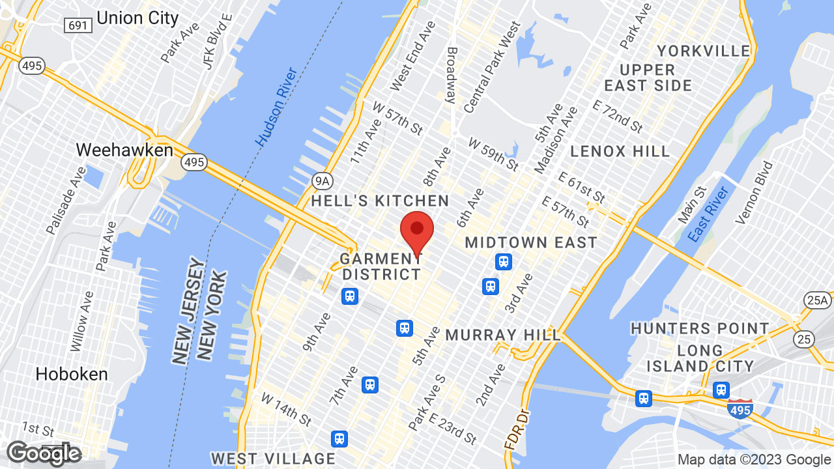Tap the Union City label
137,18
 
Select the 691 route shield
78,25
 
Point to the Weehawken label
124,150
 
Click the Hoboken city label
72,374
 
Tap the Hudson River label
276,106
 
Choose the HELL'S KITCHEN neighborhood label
380,201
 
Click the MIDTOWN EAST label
531,242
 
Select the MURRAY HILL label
503,335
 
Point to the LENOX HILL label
620,152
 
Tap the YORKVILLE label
703,51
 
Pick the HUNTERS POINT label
700,328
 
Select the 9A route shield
322,179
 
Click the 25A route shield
816,300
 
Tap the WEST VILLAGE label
273,459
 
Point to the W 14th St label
287,406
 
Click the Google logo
44,453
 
